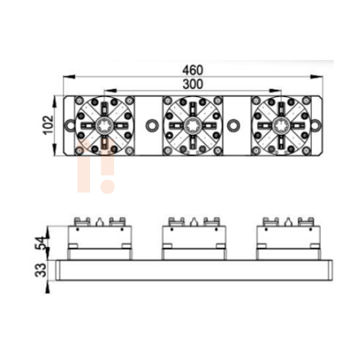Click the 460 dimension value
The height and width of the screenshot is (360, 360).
(193, 70)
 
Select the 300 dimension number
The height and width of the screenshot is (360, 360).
(193, 84)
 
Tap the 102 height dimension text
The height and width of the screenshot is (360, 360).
(48, 125)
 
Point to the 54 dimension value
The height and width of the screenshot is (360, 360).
(40, 243)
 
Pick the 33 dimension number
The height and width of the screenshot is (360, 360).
(40, 270)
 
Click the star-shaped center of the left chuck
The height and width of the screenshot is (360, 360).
(104, 125)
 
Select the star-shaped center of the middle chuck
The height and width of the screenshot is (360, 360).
(193, 125)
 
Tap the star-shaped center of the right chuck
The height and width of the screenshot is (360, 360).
(281, 125)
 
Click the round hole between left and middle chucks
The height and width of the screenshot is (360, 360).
(152, 125)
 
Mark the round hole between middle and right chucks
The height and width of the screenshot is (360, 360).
(233, 125)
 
